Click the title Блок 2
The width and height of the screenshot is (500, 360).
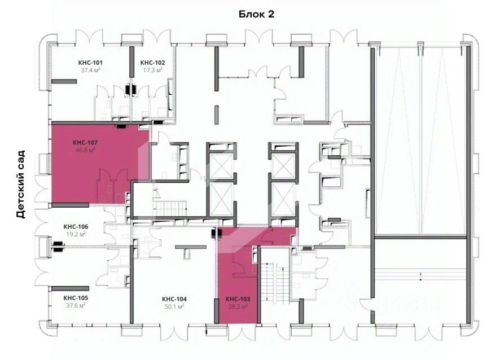256,14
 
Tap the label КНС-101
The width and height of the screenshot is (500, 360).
90,63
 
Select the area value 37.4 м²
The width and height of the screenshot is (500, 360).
90,70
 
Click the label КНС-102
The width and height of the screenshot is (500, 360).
153,63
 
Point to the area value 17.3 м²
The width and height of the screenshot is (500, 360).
153,70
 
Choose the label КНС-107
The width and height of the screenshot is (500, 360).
85,143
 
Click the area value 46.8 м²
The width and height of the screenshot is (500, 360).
85,150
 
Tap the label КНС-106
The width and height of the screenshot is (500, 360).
76,227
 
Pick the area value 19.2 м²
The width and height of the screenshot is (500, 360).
76,234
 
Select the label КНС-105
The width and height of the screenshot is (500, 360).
76,298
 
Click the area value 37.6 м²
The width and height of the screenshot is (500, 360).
76,305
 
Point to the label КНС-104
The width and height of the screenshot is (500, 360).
174,299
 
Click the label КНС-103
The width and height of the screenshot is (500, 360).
238,299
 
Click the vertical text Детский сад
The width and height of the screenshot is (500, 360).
20,185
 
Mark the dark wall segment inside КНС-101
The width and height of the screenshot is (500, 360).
64,82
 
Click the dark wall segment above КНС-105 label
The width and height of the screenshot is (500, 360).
65,288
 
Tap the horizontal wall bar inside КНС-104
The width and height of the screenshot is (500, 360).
191,247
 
